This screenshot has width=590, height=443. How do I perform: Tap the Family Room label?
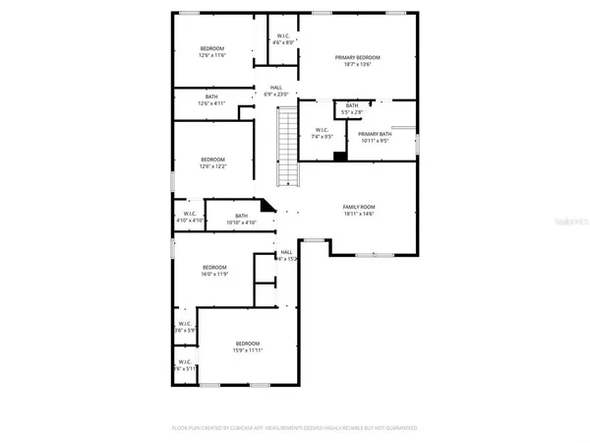359,207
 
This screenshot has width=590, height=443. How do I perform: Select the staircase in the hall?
286,147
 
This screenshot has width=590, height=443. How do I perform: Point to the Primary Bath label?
374,134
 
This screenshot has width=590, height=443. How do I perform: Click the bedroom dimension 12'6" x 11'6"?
213,55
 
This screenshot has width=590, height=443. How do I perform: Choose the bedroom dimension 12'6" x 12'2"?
213,166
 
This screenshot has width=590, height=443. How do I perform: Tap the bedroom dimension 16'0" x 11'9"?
214,275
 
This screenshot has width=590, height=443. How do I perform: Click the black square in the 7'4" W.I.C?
339,155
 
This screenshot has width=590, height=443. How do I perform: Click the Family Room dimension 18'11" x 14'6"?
359,214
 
